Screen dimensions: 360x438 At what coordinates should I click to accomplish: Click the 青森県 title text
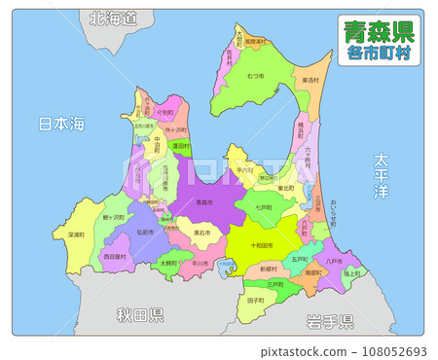point(380,30)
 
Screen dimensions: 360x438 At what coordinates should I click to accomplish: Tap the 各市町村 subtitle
point(380,53)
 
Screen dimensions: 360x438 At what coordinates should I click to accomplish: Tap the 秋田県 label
point(140,315)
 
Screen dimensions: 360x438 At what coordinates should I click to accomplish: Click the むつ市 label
point(255,76)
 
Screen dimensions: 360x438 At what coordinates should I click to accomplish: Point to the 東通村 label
point(309,81)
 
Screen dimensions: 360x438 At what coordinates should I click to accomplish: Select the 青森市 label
point(203,201)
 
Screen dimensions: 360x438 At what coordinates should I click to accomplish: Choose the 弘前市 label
point(144,233)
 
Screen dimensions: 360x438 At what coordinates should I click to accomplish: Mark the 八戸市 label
point(334,260)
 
